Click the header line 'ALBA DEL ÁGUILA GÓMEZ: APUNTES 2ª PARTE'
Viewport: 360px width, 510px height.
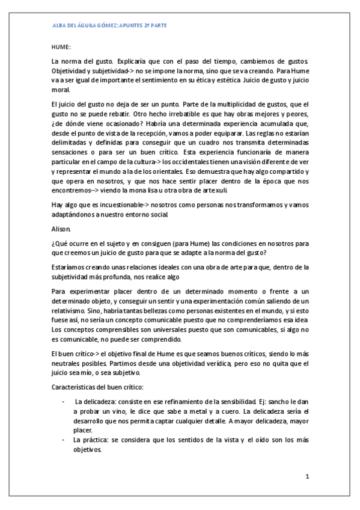click(110, 26)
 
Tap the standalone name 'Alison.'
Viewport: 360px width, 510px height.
click(61, 229)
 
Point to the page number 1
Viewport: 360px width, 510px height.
click(307, 477)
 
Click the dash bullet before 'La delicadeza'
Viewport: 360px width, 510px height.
click(63, 401)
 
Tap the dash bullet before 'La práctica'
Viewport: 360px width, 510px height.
click(63, 440)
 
